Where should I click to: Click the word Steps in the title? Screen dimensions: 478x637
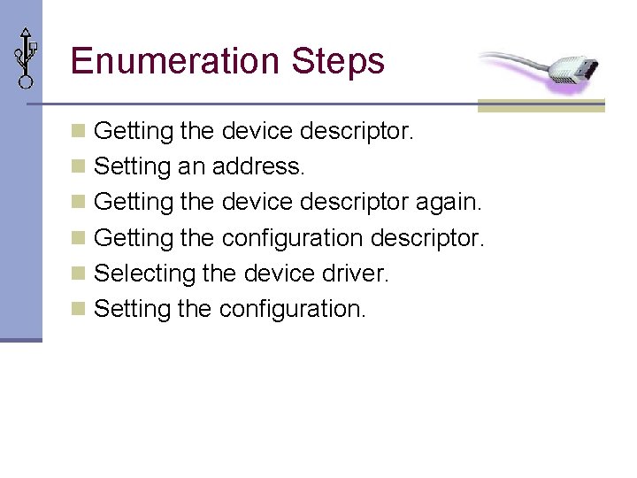coord(338,62)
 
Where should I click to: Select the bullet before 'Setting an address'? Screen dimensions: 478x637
coord(79,166)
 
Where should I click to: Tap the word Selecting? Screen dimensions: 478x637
coord(144,273)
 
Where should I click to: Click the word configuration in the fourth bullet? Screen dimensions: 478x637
coord(292,238)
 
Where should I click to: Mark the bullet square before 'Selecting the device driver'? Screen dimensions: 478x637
coord(79,273)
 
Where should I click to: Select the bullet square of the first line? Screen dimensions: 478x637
coord(79,131)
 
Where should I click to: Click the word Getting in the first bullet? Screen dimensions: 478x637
coord(133,131)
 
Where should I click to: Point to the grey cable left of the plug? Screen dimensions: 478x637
coord(509,61)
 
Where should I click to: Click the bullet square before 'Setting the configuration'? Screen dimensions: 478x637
coord(79,308)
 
